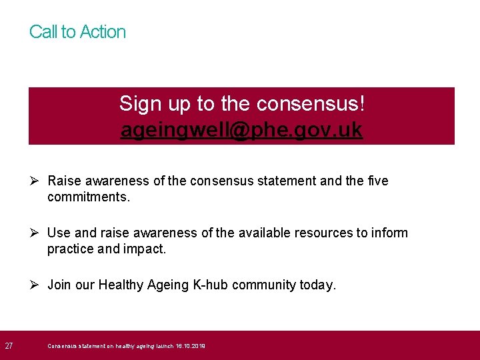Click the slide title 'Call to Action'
point(77,32)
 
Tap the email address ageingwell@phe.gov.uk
point(241,130)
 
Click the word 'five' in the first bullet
point(377,181)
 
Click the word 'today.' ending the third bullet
point(318,285)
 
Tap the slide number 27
point(9,346)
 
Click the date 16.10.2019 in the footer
point(191,347)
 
